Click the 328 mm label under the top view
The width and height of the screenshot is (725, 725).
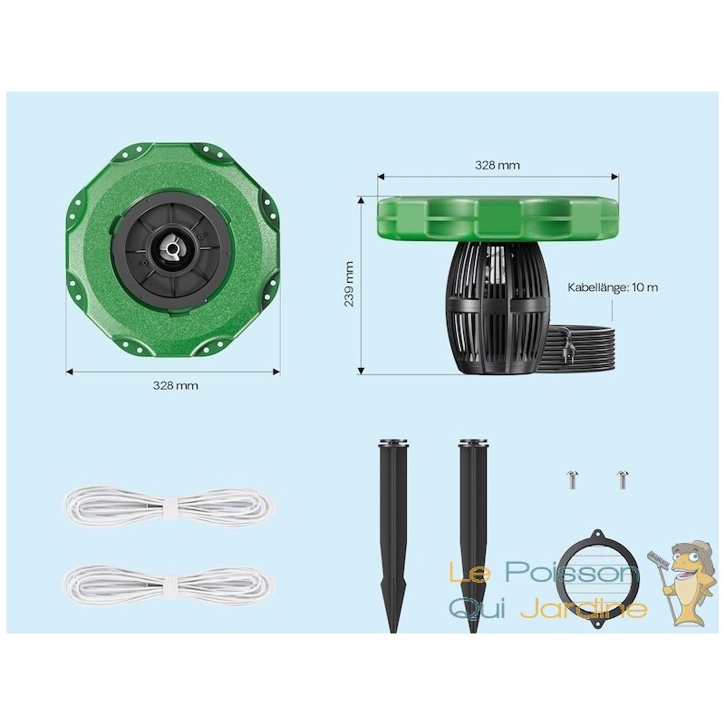point(175,385)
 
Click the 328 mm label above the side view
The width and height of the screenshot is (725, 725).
point(498,165)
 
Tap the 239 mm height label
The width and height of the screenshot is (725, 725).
point(349,284)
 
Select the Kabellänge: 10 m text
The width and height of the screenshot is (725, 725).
point(613,287)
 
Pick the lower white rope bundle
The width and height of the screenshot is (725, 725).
point(169,586)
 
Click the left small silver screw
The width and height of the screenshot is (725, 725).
point(573,480)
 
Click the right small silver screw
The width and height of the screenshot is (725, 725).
point(622,480)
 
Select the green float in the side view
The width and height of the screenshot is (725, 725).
point(498,219)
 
